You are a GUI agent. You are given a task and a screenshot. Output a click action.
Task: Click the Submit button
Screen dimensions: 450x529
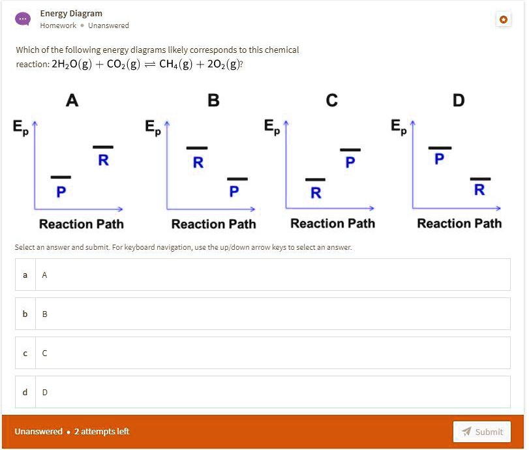[x=482, y=432]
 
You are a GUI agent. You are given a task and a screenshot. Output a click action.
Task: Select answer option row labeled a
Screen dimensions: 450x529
[x=262, y=275]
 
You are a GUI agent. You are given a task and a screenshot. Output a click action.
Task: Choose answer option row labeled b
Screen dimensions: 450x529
[x=262, y=314]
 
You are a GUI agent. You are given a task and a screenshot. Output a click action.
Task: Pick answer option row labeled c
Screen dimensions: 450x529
[x=262, y=353]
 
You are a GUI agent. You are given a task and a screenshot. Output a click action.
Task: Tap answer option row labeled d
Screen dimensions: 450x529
[x=262, y=392]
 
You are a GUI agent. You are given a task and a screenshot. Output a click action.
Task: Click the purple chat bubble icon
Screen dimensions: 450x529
[x=23, y=19]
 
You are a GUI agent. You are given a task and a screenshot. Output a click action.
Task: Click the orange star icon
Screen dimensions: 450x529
[x=503, y=20]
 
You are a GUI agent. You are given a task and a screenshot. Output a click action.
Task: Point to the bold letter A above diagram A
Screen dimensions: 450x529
[x=72, y=100]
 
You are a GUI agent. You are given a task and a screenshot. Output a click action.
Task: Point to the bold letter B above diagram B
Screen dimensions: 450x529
[x=213, y=100]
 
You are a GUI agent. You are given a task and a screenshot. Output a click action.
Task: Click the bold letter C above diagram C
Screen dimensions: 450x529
[x=332, y=100]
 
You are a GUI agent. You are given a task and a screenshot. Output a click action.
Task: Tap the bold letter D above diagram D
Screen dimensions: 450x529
[x=459, y=100]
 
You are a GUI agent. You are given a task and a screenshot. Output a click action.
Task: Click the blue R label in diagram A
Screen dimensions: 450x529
[x=103, y=160]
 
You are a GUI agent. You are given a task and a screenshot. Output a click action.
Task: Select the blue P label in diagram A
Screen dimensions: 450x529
[x=61, y=192]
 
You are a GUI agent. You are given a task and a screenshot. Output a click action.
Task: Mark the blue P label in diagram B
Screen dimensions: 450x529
[x=234, y=192]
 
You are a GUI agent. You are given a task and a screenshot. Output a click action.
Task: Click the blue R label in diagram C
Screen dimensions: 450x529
[x=316, y=192]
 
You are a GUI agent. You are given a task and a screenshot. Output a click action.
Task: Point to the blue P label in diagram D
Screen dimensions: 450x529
[x=440, y=159]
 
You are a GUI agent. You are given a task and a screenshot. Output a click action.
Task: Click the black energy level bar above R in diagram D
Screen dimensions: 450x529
[x=480, y=178]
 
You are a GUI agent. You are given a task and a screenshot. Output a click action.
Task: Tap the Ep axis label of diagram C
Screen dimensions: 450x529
[x=272, y=127]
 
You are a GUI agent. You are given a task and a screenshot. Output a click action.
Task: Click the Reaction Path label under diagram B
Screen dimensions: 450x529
[x=213, y=224]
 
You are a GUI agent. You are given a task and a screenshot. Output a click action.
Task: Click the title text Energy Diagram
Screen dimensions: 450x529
[x=71, y=13]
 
